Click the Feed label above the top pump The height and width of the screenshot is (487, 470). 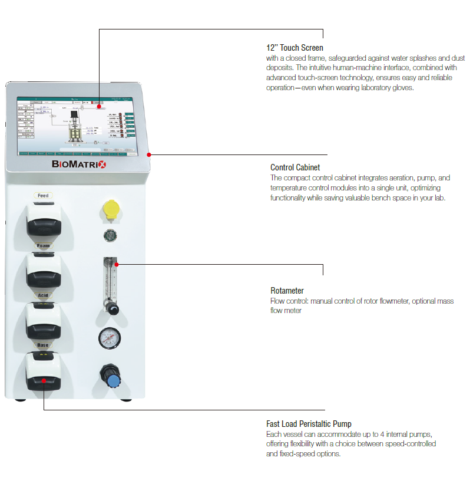[x=43, y=196]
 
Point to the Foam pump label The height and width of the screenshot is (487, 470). [x=43, y=245]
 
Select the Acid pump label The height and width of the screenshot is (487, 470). [x=43, y=296]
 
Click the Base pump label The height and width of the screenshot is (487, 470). [x=43, y=345]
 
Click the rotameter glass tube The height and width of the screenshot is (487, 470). [x=110, y=277]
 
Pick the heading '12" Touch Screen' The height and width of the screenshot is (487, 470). [x=294, y=48]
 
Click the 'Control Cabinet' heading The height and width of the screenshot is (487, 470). [x=295, y=167]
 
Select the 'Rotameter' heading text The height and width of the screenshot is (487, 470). [x=287, y=291]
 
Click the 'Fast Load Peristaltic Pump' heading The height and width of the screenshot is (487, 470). [x=309, y=424]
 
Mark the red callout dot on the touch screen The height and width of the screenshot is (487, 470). [x=99, y=107]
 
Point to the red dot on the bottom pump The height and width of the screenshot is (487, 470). [x=44, y=380]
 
